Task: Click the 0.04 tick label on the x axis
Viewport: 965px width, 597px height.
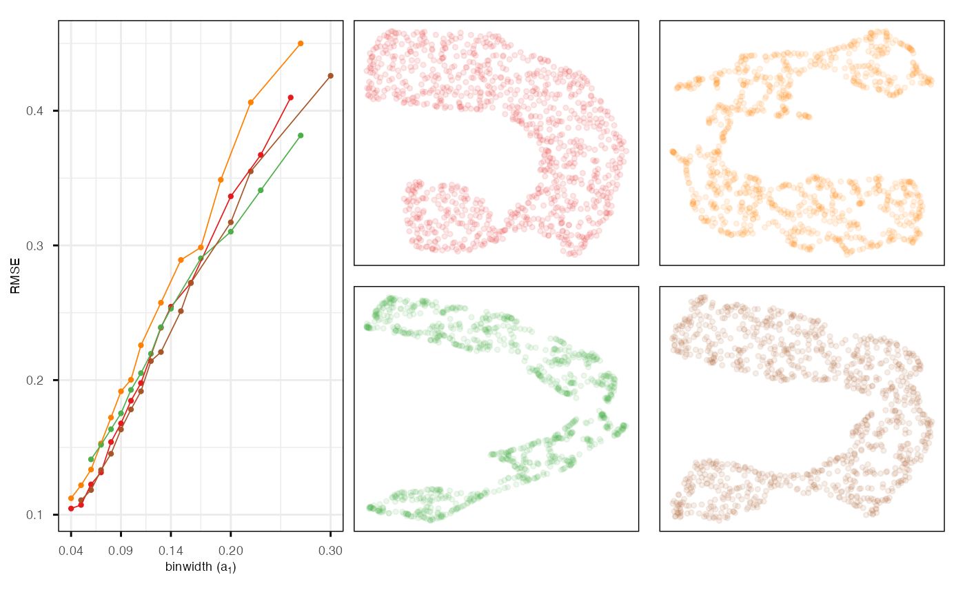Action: click(x=71, y=551)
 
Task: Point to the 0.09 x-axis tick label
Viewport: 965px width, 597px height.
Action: click(x=121, y=551)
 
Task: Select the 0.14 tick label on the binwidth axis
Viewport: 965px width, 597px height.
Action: click(x=171, y=551)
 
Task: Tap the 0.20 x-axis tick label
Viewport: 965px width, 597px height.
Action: click(x=231, y=551)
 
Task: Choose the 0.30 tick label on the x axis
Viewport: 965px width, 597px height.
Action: click(x=330, y=551)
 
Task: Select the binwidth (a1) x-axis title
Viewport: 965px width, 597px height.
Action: click(x=201, y=567)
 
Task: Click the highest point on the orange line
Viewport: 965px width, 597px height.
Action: click(x=301, y=43)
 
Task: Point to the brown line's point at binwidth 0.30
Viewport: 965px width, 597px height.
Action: click(x=330, y=76)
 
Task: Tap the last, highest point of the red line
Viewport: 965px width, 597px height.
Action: click(x=291, y=98)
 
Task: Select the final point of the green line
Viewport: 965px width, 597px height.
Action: click(x=301, y=135)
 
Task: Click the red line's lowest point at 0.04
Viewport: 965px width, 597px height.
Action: click(x=71, y=509)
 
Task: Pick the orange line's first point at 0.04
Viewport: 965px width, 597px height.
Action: click(x=71, y=498)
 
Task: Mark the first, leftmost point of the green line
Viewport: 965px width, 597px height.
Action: click(x=91, y=459)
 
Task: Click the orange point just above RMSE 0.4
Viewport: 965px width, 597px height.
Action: click(x=251, y=102)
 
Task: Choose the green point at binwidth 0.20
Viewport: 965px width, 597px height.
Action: click(x=231, y=231)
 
